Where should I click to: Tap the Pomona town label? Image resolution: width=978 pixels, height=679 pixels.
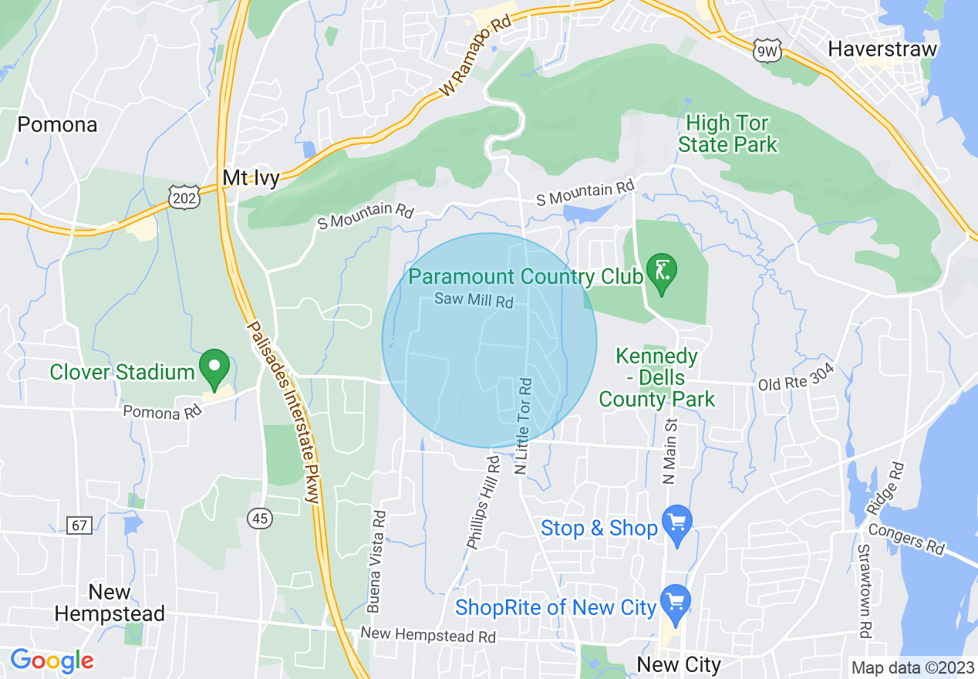click(57, 125)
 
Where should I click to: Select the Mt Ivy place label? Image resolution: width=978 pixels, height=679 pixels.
click(251, 178)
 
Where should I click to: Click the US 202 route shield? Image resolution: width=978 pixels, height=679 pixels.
click(186, 197)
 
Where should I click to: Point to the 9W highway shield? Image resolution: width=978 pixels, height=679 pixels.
click(768, 52)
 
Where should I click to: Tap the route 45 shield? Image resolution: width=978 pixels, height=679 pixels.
click(261, 519)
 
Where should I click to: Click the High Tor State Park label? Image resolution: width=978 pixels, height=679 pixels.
click(727, 134)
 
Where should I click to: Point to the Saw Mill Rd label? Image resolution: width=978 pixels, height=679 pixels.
click(474, 300)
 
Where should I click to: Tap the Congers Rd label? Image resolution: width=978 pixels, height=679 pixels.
click(905, 539)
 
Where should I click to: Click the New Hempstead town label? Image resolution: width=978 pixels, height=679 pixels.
click(110, 603)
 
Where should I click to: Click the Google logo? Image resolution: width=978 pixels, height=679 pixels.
click(52, 660)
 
